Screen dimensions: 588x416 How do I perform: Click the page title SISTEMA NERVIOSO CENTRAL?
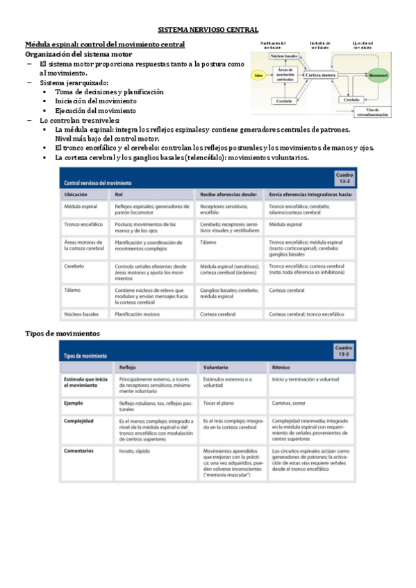click(208, 30)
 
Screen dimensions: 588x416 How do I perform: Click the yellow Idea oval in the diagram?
click(259, 74)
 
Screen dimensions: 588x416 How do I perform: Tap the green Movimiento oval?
click(378, 74)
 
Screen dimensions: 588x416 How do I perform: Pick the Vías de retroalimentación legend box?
click(377, 112)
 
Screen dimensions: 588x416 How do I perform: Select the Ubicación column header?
click(76, 195)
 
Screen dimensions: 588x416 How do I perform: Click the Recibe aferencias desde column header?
click(229, 195)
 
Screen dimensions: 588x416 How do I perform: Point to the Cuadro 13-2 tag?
click(344, 350)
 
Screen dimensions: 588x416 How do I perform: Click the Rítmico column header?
click(281, 367)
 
